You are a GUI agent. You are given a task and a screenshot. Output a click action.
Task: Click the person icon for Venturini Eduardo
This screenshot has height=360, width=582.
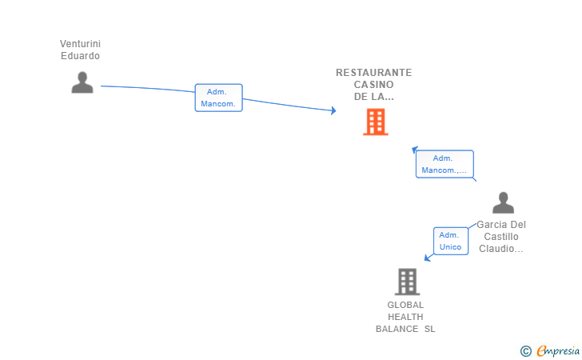[x=82, y=82]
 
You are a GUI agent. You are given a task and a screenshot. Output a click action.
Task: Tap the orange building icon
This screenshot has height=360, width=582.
[x=376, y=122]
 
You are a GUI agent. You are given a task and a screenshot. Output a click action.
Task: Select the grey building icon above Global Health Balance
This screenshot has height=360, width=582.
[x=407, y=282]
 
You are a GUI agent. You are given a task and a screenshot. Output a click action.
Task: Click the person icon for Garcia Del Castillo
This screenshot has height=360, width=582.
[x=503, y=202]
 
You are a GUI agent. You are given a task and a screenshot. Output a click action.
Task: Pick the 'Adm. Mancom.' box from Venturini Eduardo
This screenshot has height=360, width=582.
[x=218, y=98]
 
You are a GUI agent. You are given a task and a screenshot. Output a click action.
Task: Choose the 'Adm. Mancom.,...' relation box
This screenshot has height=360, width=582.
[x=444, y=164]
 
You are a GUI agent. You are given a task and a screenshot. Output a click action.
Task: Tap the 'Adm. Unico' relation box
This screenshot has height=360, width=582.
[x=451, y=241]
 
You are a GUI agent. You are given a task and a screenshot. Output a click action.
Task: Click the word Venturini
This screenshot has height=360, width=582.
[x=80, y=44]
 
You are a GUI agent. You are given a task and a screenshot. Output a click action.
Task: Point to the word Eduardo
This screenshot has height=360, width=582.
[x=80, y=56]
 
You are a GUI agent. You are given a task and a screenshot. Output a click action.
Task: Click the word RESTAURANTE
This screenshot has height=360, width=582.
[x=374, y=73]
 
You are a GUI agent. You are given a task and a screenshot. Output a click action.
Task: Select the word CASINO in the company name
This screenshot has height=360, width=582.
[x=374, y=85]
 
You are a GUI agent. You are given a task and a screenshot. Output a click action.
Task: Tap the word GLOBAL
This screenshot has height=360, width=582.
[x=405, y=305]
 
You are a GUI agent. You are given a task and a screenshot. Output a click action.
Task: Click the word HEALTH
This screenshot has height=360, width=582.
[x=405, y=317]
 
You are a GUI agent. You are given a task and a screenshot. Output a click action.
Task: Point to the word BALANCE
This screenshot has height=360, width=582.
[x=397, y=329]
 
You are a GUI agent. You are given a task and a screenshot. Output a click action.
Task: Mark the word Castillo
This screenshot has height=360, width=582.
[x=501, y=237]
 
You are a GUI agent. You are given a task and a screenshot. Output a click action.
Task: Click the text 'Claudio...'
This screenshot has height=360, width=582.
[x=501, y=249]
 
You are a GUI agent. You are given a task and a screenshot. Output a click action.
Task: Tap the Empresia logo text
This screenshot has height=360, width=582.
[x=558, y=350]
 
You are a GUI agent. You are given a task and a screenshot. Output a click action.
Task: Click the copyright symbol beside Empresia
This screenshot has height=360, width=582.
[x=526, y=351]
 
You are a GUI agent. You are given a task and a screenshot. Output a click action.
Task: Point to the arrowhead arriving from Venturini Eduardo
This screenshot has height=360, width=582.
[x=333, y=110]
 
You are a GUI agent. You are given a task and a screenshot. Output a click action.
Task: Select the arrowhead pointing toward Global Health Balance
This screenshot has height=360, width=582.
[x=428, y=258]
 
